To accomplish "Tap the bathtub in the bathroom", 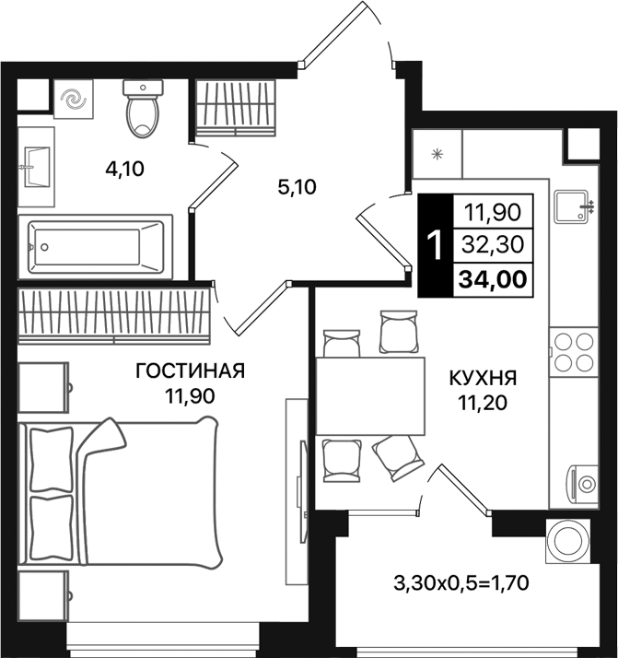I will [95, 246].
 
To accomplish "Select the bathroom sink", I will [35, 168].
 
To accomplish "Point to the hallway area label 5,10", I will [297, 187].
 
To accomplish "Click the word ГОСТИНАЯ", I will [190, 371].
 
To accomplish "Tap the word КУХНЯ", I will [483, 378].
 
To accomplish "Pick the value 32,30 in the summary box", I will [493, 246].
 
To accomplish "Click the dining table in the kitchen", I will [368, 396].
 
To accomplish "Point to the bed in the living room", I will [120, 493].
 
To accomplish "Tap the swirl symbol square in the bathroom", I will [71, 100].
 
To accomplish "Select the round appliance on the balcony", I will [561, 540].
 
